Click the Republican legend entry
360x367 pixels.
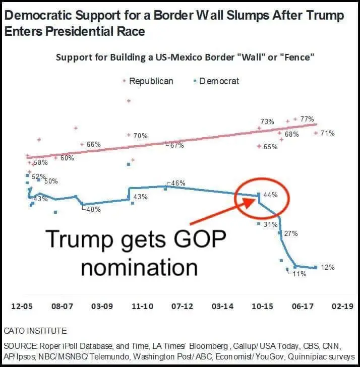[x=151, y=81]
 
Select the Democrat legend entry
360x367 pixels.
[x=219, y=81]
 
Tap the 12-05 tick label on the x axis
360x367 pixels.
[x=22, y=306]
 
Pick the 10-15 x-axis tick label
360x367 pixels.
[x=262, y=306]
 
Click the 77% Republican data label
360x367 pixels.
[x=307, y=119]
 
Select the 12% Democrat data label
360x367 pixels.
[x=327, y=267]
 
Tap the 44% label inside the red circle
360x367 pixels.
[x=271, y=195]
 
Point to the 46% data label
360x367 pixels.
[x=178, y=183]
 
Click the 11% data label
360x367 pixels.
[x=299, y=274]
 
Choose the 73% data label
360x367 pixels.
[x=267, y=121]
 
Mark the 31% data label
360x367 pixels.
[x=271, y=224]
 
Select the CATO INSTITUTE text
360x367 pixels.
[x=35, y=331]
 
